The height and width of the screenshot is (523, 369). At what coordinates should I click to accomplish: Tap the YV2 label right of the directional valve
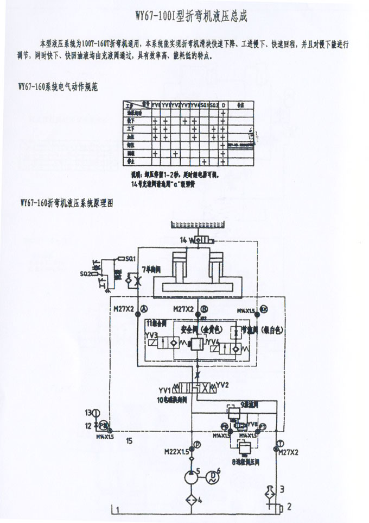(221, 384)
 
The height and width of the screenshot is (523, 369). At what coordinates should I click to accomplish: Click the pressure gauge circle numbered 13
(98, 412)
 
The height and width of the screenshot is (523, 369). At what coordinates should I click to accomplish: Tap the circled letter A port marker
(144, 308)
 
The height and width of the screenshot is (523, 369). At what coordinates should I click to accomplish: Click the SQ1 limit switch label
(130, 258)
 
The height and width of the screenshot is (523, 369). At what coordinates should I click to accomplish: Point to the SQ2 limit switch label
(86, 273)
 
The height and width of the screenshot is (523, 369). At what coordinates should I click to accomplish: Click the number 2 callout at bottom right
(289, 507)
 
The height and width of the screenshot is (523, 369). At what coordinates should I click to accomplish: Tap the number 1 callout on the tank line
(115, 509)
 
